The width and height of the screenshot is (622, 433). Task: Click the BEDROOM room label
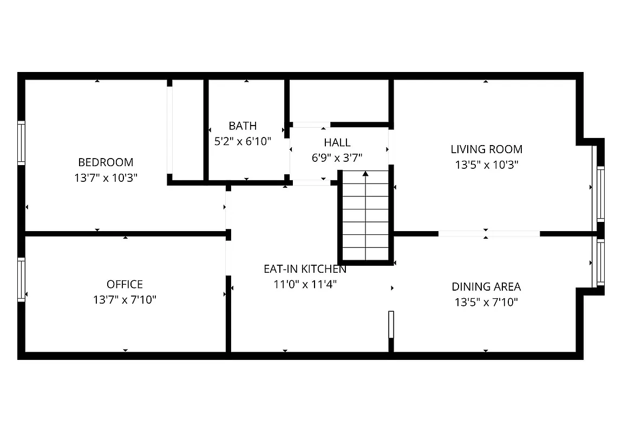coord(106,162)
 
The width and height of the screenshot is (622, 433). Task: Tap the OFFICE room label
coord(125,284)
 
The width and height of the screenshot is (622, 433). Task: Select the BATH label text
coord(243,126)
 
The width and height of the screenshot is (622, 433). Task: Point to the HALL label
coord(337,142)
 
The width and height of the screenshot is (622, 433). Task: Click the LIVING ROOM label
coord(486,149)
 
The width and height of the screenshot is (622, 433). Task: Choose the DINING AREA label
coord(486,287)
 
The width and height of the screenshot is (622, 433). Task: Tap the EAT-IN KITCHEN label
coord(305,268)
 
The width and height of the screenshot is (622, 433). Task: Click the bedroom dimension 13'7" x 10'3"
coord(106,178)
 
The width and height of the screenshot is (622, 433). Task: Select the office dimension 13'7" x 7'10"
coord(125,300)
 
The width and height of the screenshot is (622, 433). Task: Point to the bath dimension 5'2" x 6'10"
coord(243,141)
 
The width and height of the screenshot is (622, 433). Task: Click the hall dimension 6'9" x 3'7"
coord(337,158)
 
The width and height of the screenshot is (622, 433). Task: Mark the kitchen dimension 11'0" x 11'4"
coord(305,284)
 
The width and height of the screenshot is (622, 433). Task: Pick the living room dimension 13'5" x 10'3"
coord(486,165)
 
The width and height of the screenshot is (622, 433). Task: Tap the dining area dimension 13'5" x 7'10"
coord(486,302)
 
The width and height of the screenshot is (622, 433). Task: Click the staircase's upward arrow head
coord(366,174)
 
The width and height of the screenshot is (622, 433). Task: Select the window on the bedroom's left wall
coord(21,143)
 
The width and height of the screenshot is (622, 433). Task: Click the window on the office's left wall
coord(21,279)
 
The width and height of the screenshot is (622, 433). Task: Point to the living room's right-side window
coord(600,193)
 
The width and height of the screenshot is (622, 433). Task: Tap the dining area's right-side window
coord(600,263)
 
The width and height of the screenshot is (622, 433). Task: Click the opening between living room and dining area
coord(489,234)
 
